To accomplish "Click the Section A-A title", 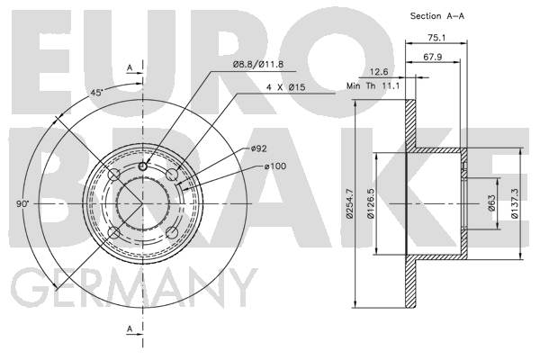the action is tap(437, 16).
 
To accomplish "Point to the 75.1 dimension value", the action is tap(436, 38).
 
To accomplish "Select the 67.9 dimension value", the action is tap(433, 57).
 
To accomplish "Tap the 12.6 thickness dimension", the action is tap(379, 72).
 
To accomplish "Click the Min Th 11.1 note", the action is tap(373, 85).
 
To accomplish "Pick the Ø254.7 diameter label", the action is tap(350, 203).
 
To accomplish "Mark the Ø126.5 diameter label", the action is tap(371, 203).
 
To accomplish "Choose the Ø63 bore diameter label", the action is tap(491, 203).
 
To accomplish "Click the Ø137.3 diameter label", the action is tap(515, 203).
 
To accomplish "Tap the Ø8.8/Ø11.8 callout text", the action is tap(258, 64).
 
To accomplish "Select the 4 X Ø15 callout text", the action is tap(286, 87).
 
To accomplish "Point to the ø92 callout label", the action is tap(259, 148).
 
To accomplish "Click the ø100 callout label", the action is tap(275, 166).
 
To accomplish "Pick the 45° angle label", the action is tap(97, 93).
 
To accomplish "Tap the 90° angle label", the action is tap(23, 203).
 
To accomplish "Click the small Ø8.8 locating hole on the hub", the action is tap(142, 166).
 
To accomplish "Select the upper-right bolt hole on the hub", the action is tap(172, 175).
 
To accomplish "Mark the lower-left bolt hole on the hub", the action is tap(114, 233).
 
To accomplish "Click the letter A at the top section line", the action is tap(130, 67).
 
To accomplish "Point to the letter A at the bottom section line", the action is tap(130, 329).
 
